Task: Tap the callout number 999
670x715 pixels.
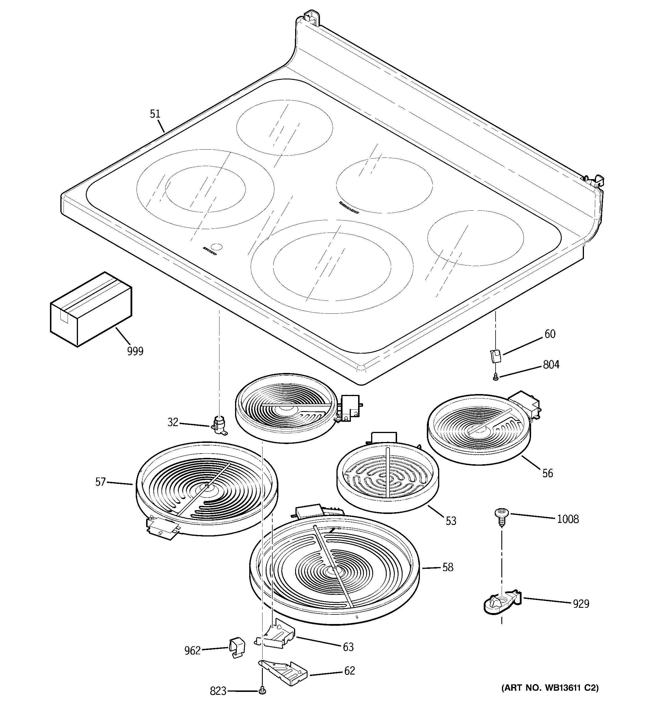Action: (x=135, y=351)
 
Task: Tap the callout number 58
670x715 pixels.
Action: (x=448, y=568)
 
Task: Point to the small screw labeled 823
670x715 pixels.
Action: (x=262, y=690)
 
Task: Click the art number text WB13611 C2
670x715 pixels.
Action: (x=550, y=688)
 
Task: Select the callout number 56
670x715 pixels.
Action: (x=547, y=473)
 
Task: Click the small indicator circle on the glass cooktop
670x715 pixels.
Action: (x=217, y=247)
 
